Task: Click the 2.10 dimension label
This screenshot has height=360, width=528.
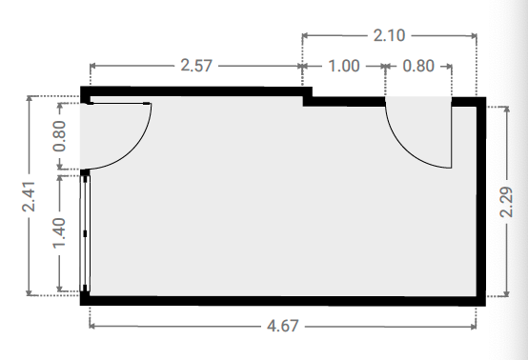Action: [x=389, y=35]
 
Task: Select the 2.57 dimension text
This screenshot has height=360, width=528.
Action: [x=196, y=66]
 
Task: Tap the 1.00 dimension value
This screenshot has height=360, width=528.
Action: [x=344, y=66]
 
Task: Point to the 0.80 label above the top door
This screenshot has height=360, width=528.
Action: [x=418, y=66]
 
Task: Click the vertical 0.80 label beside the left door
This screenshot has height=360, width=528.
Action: [x=60, y=136]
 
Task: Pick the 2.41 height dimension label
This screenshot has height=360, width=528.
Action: [x=29, y=196]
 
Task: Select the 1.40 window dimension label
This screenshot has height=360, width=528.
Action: [x=60, y=232]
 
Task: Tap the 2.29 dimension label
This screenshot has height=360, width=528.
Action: [x=506, y=202]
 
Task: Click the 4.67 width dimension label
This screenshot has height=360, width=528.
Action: [x=283, y=326]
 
